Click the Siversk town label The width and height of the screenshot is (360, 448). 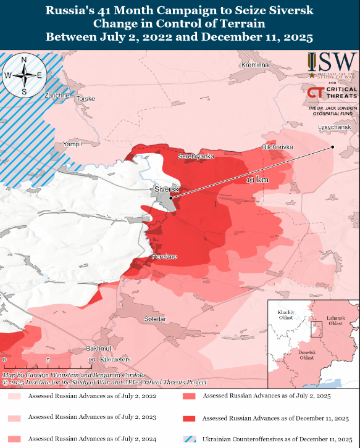165,188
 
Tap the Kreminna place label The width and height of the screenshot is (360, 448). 255,65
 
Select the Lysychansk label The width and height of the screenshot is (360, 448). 334,127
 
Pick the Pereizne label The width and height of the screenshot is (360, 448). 165,255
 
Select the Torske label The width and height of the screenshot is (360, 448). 86,99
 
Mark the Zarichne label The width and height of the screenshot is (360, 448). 57,96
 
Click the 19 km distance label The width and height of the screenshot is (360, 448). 257,180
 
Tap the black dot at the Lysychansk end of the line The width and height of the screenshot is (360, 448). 332,147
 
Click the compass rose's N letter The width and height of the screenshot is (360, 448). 23,60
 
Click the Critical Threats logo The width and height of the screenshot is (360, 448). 332,94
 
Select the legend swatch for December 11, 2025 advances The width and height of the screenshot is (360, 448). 189,418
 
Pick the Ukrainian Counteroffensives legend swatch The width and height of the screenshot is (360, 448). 189,439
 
